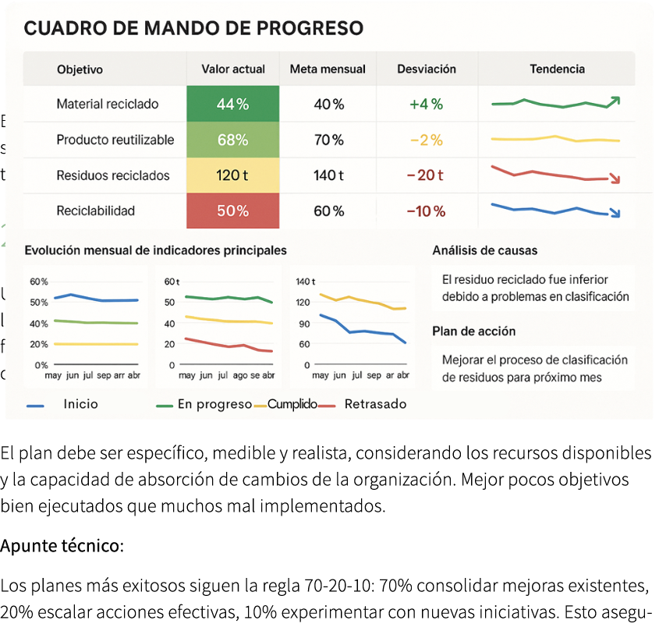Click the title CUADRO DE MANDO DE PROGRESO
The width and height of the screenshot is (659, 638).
click(x=193, y=29)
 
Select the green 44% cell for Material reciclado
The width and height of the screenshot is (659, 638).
click(x=232, y=105)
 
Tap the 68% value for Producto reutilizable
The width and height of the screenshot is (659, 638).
click(x=232, y=140)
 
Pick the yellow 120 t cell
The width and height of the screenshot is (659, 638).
click(x=232, y=175)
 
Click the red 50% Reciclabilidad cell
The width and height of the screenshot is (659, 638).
click(x=232, y=211)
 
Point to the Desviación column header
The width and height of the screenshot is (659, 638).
click(x=426, y=69)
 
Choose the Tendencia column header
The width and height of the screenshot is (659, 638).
click(x=557, y=69)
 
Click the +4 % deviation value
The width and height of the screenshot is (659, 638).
click(x=426, y=105)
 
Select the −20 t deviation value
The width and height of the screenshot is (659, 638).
click(x=426, y=175)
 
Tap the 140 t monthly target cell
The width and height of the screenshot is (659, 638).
click(x=328, y=175)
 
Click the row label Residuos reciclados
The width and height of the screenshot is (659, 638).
click(x=113, y=175)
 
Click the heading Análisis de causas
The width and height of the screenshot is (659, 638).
click(x=484, y=251)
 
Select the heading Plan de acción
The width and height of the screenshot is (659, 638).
click(x=473, y=331)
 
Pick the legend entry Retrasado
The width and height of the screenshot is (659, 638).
click(x=375, y=404)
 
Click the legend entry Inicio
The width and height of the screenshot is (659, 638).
click(x=81, y=404)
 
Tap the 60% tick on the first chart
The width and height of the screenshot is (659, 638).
click(x=39, y=282)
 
